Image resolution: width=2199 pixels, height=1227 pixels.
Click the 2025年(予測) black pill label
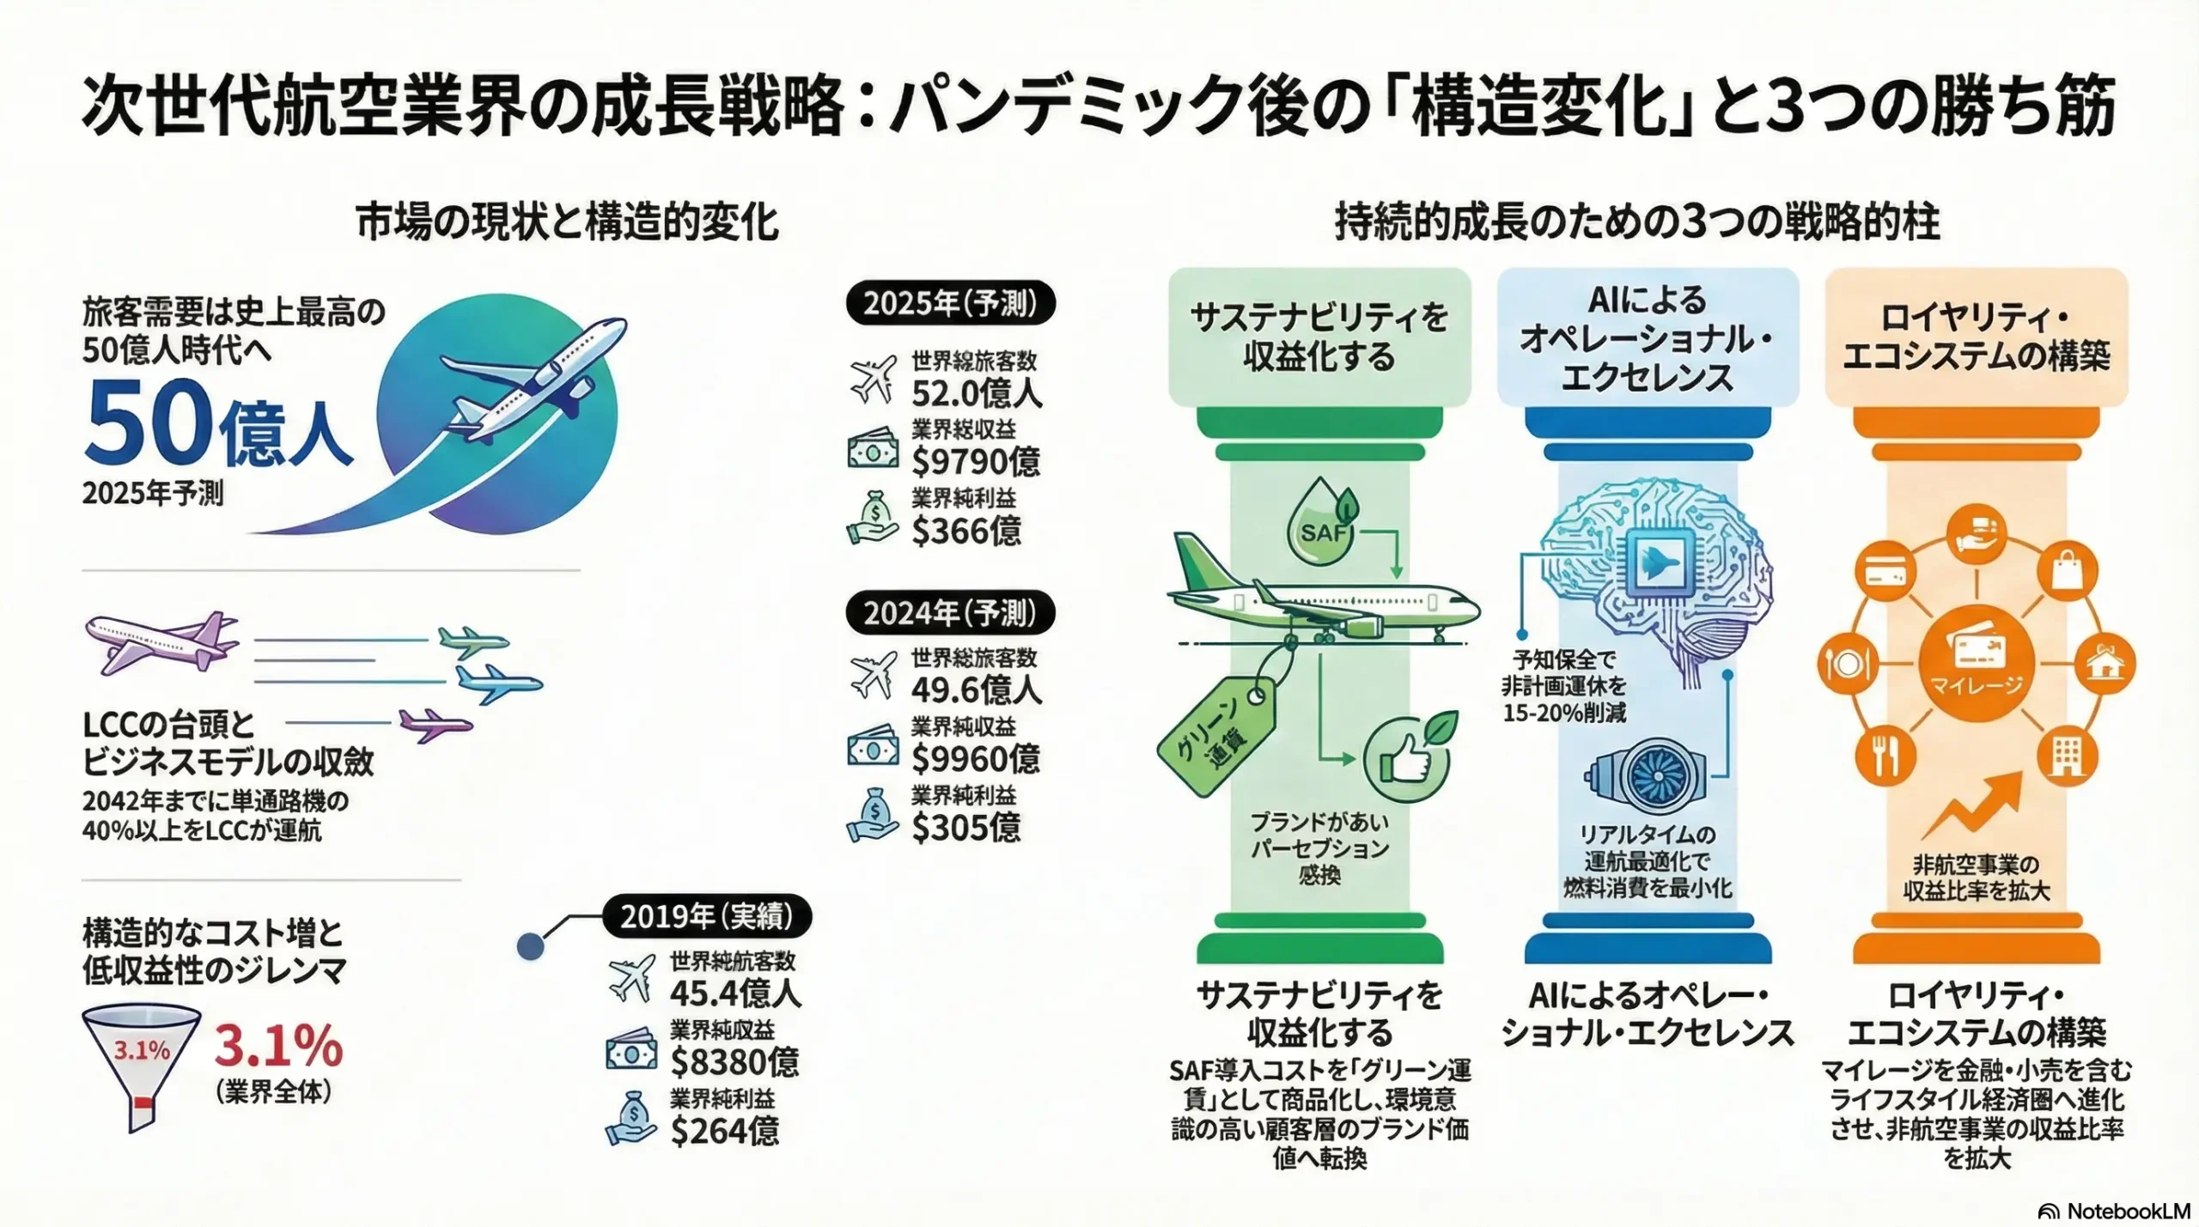pos(950,303)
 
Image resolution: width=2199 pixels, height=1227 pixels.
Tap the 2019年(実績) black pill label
pos(706,916)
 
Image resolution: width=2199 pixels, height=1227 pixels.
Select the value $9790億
pos(976,461)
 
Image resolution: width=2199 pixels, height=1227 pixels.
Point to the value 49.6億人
pos(977,689)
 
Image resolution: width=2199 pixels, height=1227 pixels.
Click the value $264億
pos(724,1130)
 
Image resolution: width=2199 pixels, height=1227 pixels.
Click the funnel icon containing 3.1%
pos(141,1065)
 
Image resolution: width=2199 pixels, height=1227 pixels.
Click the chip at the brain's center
pos(1657,562)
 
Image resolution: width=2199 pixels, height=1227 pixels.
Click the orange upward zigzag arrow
pos(1973,805)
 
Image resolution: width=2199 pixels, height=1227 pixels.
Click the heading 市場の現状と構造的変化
pos(567,222)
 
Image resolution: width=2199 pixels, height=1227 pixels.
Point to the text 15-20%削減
pos(1564,713)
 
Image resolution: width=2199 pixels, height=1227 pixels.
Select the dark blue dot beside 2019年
pos(530,946)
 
